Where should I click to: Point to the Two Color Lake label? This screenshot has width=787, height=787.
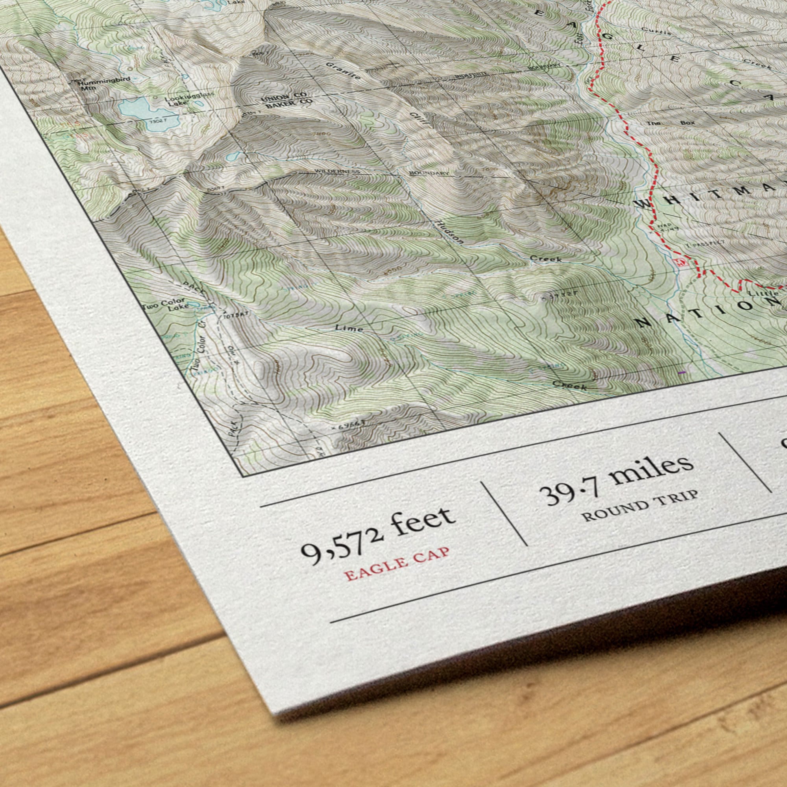166,305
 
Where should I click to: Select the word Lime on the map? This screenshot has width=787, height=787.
349,327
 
